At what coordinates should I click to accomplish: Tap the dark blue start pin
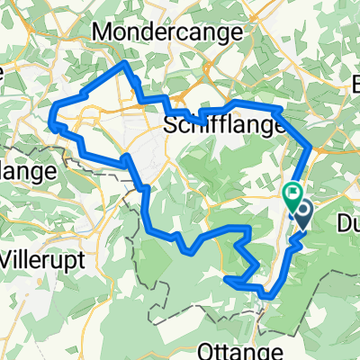301,214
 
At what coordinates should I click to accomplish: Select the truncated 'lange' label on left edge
27,168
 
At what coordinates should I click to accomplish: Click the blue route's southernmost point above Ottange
267,294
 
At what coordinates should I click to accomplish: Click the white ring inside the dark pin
301,211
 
